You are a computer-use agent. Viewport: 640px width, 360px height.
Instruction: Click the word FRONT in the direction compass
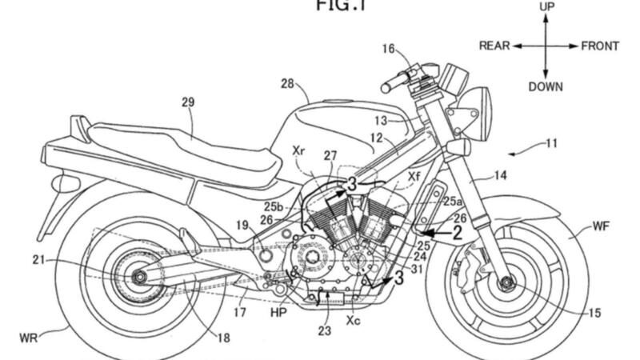pos(599,46)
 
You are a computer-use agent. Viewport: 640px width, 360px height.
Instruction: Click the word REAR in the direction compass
pos(494,46)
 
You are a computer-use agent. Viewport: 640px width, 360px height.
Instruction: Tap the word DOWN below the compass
pos(546,86)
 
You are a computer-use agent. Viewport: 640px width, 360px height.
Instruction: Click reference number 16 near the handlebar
pos(387,49)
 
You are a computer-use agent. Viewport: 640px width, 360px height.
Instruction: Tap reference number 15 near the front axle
pos(594,314)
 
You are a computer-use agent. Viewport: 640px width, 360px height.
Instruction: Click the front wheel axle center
pos(506,281)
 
